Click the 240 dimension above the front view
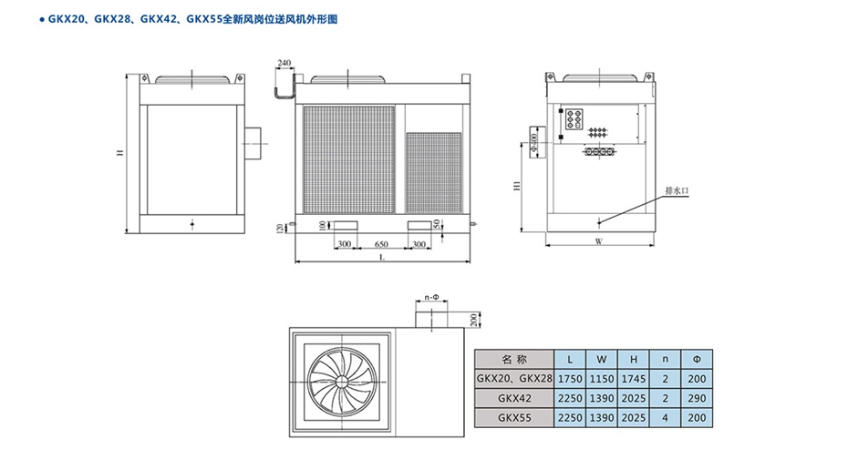coord(284,64)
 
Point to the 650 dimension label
coord(381,245)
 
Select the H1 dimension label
coord(517,186)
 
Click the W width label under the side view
coord(599,242)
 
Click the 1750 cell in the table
coord(570,378)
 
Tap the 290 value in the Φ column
coord(698,398)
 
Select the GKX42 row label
coord(514,398)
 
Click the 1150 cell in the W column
coord(601,378)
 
